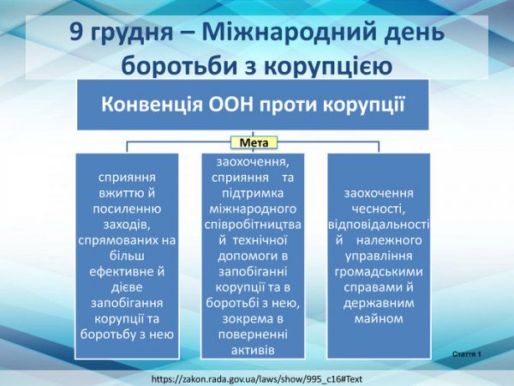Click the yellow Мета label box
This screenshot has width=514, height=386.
(254, 142)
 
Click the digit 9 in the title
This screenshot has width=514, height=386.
(76, 32)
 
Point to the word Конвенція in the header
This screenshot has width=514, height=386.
(152, 105)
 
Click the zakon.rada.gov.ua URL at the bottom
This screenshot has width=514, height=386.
(257, 379)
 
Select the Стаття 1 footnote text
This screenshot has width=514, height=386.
(467, 354)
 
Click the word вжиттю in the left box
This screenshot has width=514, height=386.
(127, 193)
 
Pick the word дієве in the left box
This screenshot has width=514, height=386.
(127, 287)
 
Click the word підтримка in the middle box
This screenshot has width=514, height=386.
(253, 193)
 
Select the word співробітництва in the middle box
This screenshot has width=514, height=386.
(253, 225)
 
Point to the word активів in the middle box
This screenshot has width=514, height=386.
(253, 351)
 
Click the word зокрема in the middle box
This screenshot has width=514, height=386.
(244, 319)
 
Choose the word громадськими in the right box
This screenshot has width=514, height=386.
(379, 272)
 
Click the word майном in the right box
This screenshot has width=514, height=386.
(379, 319)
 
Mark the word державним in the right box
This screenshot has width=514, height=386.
(379, 304)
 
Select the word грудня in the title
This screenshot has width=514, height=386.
(131, 33)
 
